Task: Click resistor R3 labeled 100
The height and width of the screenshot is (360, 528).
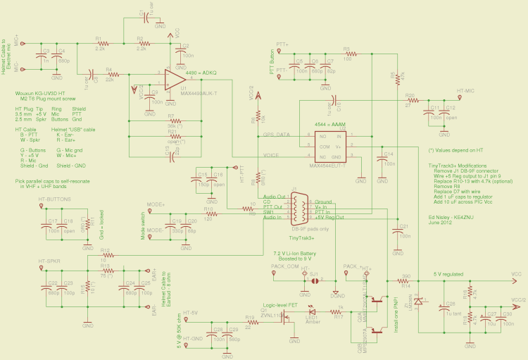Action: click(x=346, y=54)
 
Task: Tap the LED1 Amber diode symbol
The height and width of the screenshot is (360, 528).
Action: click(x=311, y=311)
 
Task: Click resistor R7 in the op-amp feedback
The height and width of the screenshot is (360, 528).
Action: click(x=170, y=120)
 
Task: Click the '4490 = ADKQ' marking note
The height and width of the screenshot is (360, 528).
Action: click(x=201, y=73)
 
